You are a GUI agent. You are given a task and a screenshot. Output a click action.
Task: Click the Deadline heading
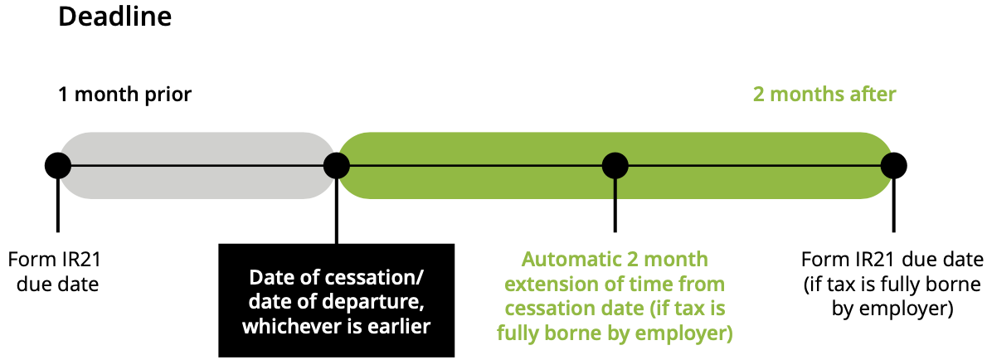(114, 17)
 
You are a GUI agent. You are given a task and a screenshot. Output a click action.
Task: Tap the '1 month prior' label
(124, 95)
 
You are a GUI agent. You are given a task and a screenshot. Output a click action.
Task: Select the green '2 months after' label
(824, 95)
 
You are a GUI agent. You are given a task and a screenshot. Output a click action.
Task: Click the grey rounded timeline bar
(196, 165)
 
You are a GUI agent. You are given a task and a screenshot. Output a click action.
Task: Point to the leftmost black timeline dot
(57, 166)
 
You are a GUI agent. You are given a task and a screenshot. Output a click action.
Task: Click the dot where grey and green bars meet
(336, 166)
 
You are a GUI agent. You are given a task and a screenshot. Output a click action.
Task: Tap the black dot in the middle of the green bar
(615, 166)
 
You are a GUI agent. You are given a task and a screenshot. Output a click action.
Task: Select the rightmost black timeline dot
(893, 166)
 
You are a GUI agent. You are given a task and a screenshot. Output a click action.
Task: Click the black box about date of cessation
(336, 300)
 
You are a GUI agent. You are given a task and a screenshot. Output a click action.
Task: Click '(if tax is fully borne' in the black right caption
(893, 285)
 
